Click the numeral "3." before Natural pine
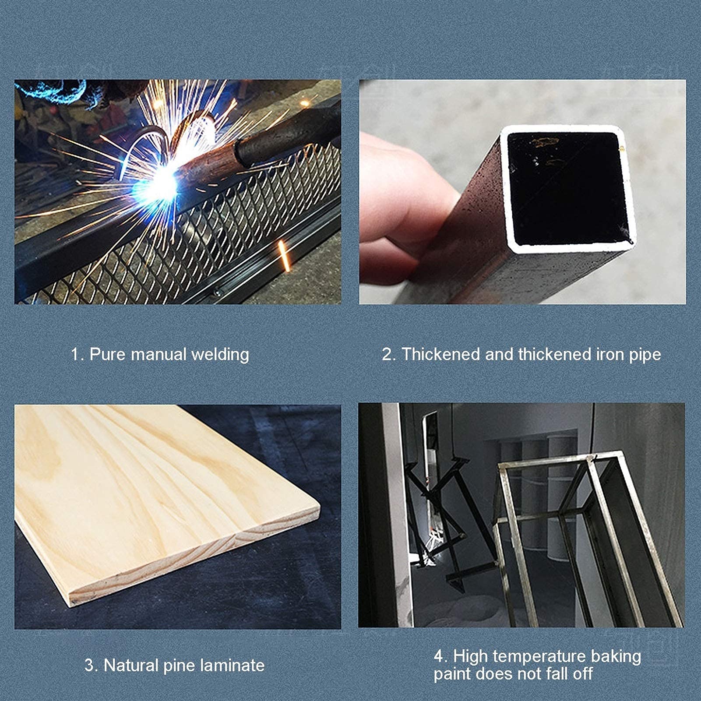(92, 666)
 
